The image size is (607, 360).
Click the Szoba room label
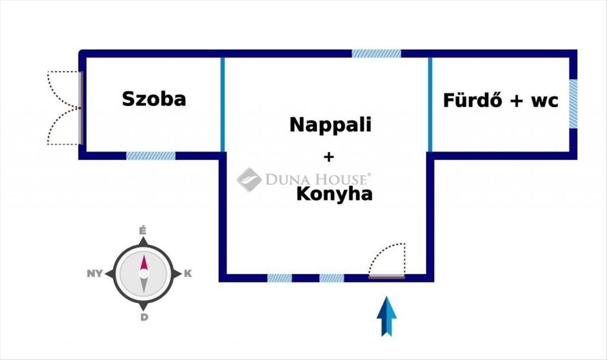(x=154, y=99)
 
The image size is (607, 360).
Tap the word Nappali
(x=330, y=125)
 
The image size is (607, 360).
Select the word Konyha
(x=334, y=195)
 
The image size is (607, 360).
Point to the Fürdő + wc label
(x=500, y=101)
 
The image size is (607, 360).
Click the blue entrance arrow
(x=386, y=317)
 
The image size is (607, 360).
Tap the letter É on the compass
(x=143, y=231)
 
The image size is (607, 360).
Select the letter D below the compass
(x=144, y=317)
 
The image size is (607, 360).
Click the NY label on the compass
(x=95, y=274)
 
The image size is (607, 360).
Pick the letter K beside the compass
(x=188, y=274)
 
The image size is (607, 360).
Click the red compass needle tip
(x=144, y=255)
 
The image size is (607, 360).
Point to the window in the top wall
(x=376, y=54)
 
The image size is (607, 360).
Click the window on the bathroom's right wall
(x=573, y=104)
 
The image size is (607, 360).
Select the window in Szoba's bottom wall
(x=151, y=156)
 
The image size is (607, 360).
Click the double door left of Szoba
(x=65, y=108)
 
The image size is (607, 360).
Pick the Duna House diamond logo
(x=249, y=179)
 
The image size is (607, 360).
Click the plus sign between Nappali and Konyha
(x=329, y=157)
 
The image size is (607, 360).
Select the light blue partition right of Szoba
(x=223, y=105)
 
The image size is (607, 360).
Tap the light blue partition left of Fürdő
(x=430, y=105)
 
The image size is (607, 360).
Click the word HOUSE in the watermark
(x=342, y=179)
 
